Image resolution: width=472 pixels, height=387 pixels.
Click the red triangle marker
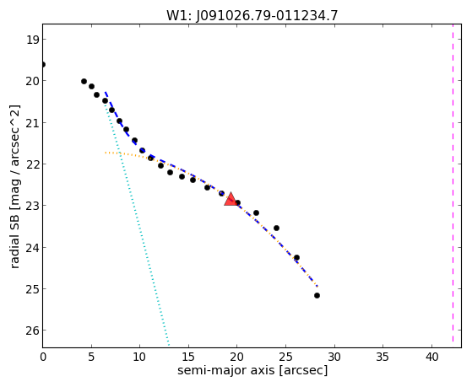coord(231,199)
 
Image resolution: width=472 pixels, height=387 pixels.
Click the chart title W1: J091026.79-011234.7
coord(252,15)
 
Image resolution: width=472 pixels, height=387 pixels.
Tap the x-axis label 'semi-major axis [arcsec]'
coord(252,370)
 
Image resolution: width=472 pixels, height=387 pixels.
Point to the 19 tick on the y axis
coord(33,40)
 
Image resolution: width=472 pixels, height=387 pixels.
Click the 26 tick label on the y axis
coord(33,331)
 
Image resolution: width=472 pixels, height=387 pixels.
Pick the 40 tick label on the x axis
coord(431,357)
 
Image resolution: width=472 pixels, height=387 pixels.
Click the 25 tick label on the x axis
coord(285,357)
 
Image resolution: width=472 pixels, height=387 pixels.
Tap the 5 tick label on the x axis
coord(91,357)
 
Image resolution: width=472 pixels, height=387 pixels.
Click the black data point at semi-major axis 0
coord(43,65)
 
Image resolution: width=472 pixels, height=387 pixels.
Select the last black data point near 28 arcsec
coord(317,296)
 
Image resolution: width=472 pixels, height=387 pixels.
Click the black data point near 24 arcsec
coord(276,228)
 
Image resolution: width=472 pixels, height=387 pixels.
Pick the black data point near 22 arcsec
coord(256,213)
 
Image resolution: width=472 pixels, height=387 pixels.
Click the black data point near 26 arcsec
coord(296,257)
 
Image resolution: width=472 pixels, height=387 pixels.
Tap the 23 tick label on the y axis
coord(33,206)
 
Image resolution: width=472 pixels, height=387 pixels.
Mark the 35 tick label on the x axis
coord(382,357)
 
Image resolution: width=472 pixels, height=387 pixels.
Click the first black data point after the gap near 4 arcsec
coord(84,82)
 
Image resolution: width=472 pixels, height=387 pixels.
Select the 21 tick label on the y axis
coord(33,123)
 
